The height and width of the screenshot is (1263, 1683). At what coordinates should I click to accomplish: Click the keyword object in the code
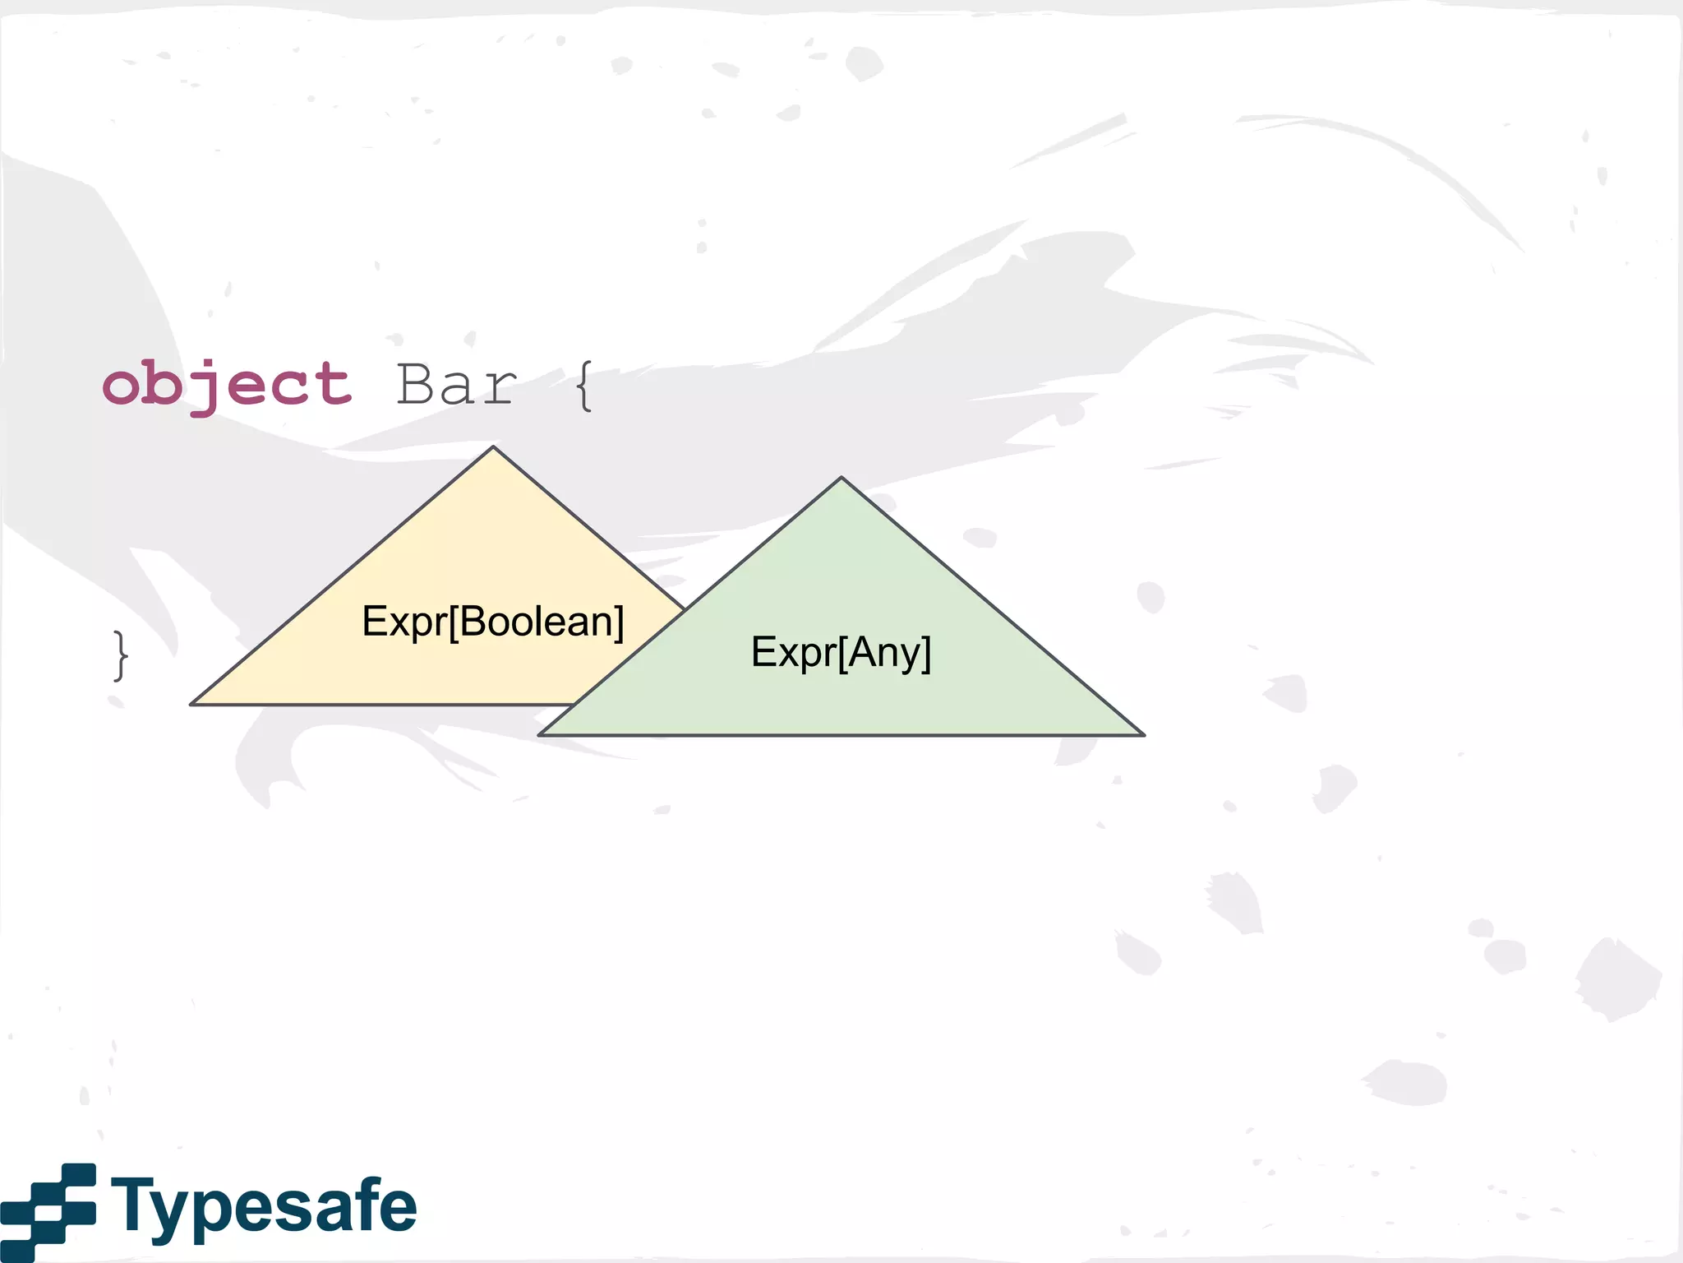tap(228, 385)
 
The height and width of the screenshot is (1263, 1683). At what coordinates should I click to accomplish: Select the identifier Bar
tap(457, 385)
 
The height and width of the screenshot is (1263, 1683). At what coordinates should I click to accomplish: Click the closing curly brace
tap(121, 655)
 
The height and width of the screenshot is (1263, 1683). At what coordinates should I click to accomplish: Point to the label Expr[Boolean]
tap(493, 622)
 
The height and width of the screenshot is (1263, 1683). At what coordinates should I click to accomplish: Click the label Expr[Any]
tap(841, 652)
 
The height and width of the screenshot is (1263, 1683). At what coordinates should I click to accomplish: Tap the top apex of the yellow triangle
tap(493, 449)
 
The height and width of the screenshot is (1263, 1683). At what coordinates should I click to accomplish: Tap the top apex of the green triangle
tap(841, 479)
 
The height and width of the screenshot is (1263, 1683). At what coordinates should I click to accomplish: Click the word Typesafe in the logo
tap(264, 1206)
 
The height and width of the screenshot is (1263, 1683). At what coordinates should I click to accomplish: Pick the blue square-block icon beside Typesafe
tap(48, 1210)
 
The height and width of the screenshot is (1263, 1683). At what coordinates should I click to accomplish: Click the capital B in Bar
tap(417, 385)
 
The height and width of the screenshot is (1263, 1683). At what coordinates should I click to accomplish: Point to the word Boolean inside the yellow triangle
tap(537, 622)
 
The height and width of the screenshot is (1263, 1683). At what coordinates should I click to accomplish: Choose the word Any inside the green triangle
tap(885, 652)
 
